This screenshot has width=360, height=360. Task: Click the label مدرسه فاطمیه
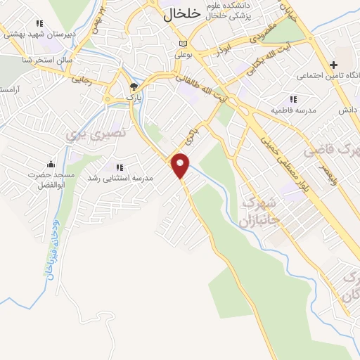point(293,110)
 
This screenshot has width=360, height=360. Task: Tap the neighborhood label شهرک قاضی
point(331,150)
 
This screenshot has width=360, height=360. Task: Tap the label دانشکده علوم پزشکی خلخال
point(235,11)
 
